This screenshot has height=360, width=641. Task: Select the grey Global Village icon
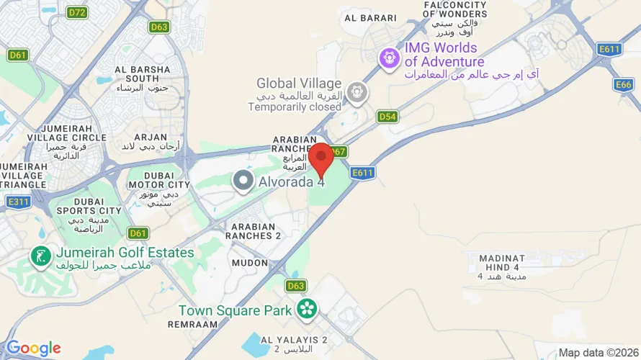coord(356,92)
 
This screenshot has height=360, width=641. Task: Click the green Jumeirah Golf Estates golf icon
coord(40,256)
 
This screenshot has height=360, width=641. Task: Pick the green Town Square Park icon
coord(308,309)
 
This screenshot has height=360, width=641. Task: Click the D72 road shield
coord(76,12)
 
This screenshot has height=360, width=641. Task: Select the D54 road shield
coord(387,117)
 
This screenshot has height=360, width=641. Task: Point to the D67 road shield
coord(339,152)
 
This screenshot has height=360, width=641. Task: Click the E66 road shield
coord(624,85)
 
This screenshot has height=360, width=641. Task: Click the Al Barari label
coord(371,18)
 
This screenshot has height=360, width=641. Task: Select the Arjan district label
coord(150,136)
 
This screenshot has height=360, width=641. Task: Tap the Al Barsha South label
coord(142,74)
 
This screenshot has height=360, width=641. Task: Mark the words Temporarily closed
coord(295,107)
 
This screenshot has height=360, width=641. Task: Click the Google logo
coord(33,348)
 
